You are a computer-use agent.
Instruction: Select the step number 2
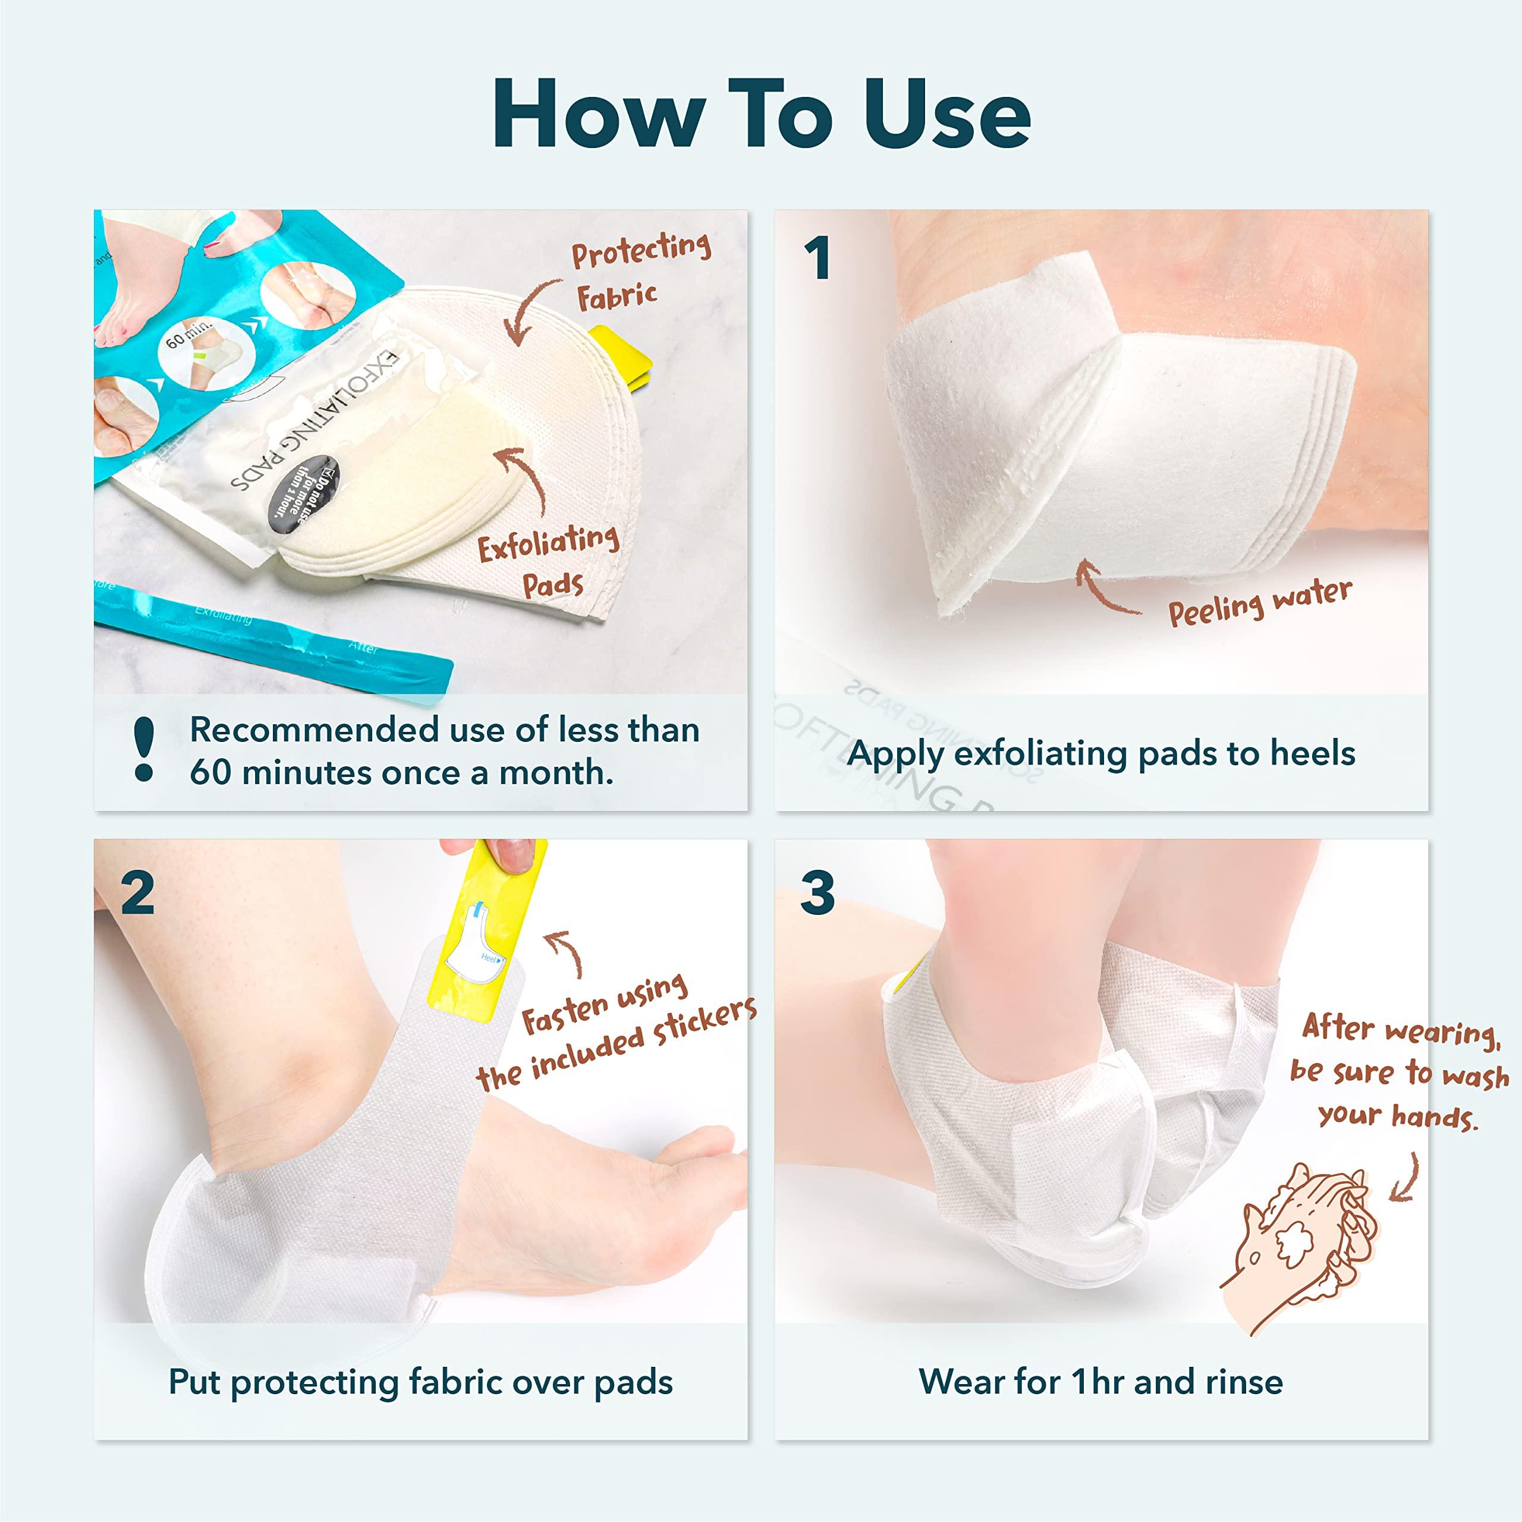point(137,894)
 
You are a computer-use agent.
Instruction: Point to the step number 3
point(817,894)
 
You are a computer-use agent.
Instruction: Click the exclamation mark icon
point(144,749)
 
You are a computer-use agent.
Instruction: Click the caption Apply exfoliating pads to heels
point(1100,754)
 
